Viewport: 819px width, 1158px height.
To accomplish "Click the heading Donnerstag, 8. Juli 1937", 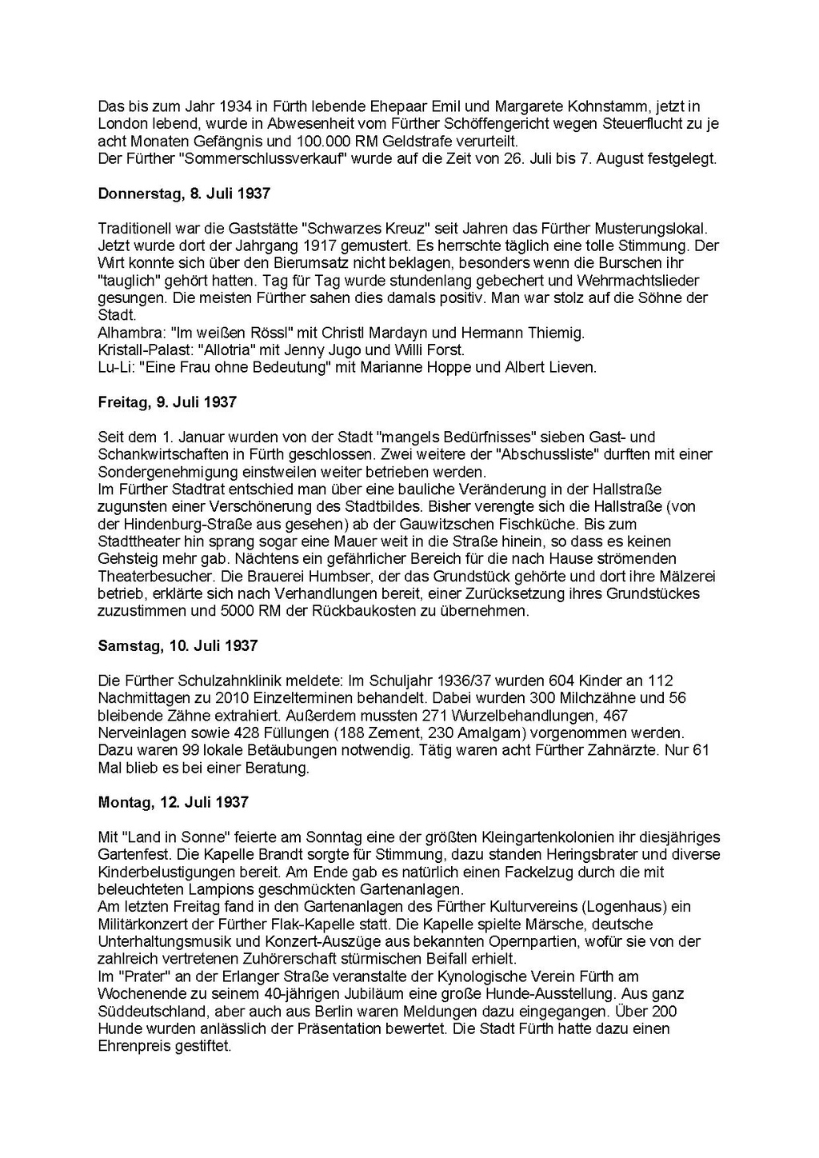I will [184, 194].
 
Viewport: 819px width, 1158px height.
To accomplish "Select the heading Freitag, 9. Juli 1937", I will [167, 402].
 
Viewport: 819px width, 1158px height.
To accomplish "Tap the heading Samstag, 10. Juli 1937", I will [178, 645].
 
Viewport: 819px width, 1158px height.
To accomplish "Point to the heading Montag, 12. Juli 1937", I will [173, 801].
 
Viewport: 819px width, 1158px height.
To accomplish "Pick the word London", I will [122, 124].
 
